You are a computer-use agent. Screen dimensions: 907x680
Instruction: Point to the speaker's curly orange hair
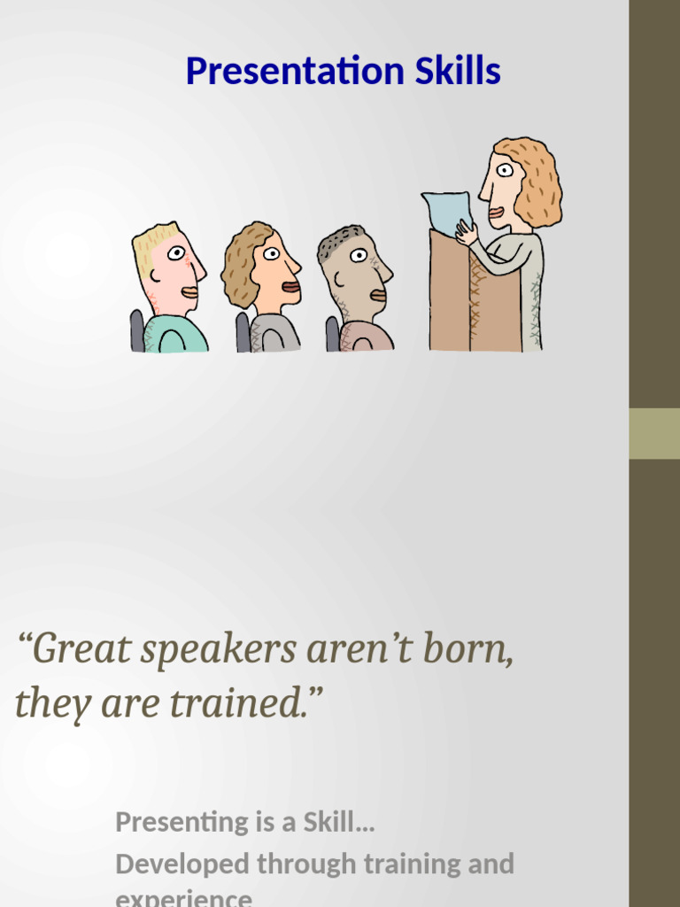point(539,182)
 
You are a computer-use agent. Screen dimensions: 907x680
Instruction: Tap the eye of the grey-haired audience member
point(358,255)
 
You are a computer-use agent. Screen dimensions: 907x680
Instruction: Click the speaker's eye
point(504,170)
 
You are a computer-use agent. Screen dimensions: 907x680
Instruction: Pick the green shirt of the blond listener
point(177,337)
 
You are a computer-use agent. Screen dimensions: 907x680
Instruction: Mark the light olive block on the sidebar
point(654,433)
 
